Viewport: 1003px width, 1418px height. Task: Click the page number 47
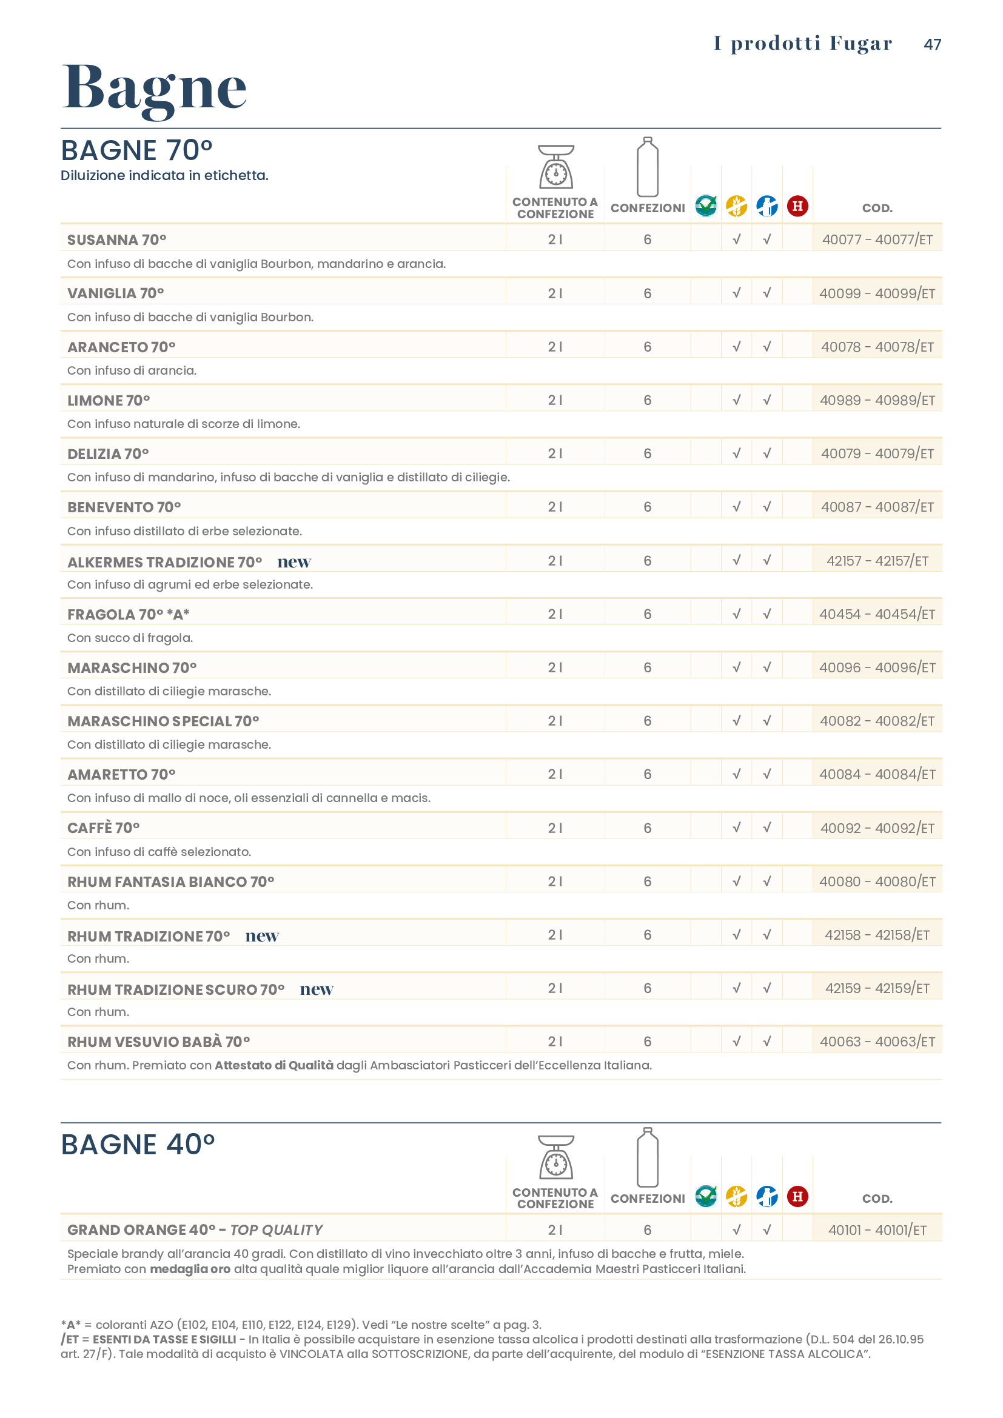[932, 44]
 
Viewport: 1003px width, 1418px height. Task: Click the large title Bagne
[155, 88]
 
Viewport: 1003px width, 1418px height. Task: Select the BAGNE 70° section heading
[136, 151]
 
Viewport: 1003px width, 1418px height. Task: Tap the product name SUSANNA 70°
[116, 239]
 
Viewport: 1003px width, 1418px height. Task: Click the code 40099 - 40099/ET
[877, 293]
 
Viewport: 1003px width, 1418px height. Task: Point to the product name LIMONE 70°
[109, 400]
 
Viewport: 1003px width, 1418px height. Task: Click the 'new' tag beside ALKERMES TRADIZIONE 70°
[294, 562]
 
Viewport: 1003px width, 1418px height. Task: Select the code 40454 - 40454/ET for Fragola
[877, 614]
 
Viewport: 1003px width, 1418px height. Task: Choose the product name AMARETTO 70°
[121, 774]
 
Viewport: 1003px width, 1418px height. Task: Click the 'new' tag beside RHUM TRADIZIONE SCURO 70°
[316, 989]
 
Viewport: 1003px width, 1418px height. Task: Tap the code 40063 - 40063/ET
[877, 1042]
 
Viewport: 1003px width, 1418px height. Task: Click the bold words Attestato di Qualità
[273, 1065]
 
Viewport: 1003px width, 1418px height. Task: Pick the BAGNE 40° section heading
[138, 1145]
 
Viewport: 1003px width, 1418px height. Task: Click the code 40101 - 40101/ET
[877, 1229]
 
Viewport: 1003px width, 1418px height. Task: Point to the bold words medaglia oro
[190, 1269]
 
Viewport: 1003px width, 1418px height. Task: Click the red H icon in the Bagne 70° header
[797, 206]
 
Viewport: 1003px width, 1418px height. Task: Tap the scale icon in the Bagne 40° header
[556, 1157]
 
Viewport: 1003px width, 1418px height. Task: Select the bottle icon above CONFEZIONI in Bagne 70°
[647, 167]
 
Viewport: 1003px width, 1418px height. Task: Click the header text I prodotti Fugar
[803, 43]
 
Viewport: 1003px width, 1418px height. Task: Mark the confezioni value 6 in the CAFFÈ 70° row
[647, 828]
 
